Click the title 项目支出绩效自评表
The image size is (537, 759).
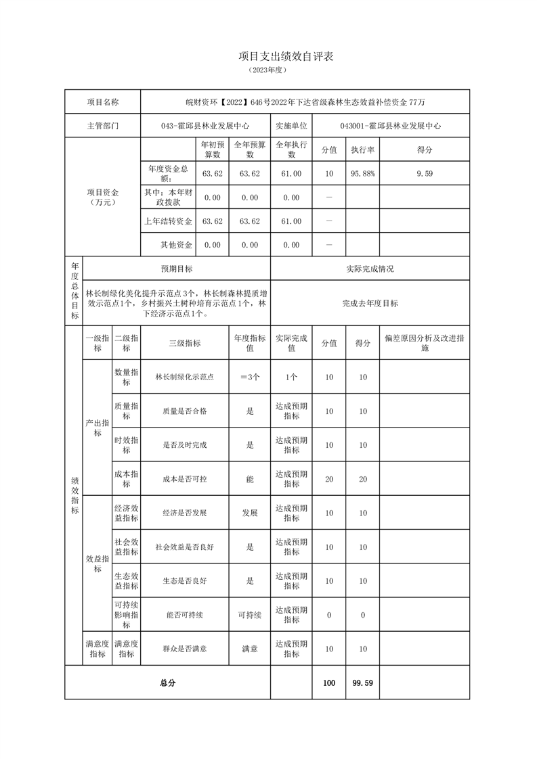pos(286,57)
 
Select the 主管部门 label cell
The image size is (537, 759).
pos(102,126)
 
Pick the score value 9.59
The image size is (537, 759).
pos(425,174)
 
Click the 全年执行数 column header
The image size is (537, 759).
pos(291,149)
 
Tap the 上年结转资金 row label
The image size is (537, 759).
pos(167,221)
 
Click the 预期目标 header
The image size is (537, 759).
pos(176,269)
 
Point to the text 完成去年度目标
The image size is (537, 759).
pos(370,304)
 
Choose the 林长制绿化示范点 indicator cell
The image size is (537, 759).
pos(184,377)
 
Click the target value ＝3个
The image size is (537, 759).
pos(250,377)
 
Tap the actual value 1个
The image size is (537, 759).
pos(291,377)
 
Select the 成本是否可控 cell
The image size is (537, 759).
pos(184,479)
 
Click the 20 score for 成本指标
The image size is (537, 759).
pos(362,479)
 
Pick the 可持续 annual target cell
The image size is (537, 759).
pos(250,615)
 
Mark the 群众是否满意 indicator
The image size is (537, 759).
pos(184,649)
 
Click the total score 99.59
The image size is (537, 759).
pos(362,683)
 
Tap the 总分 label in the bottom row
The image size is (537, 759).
pos(167,683)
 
